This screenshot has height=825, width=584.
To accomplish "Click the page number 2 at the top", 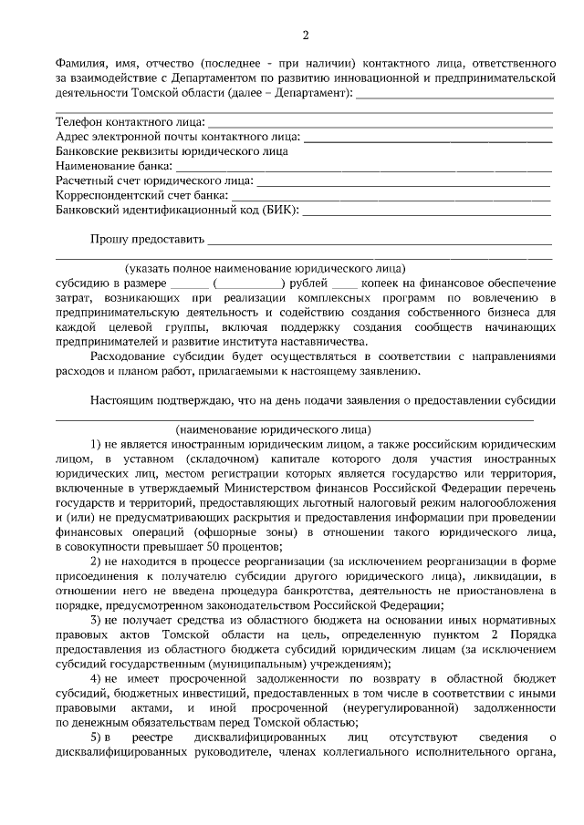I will pyautogui.click(x=306, y=36).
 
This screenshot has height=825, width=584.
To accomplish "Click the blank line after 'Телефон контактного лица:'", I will pyautogui.click(x=381, y=122).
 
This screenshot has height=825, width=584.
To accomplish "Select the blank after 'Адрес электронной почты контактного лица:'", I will pyautogui.click(x=427, y=138).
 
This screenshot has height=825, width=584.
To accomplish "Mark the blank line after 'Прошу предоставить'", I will pyautogui.click(x=380, y=242).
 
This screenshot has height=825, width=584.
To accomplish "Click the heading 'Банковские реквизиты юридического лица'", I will pyautogui.click(x=172, y=152).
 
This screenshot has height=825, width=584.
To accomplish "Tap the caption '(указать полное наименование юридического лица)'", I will pyautogui.click(x=266, y=270).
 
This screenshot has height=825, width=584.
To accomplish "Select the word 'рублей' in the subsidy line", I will pyautogui.click(x=308, y=284).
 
